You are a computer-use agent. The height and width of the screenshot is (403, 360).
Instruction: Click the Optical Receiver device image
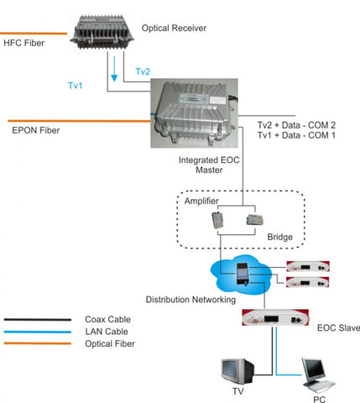pyautogui.click(x=102, y=33)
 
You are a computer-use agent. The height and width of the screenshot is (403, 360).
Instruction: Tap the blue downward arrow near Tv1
pyautogui.click(x=114, y=69)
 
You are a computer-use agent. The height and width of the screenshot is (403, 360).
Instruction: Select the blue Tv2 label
pyautogui.click(x=143, y=71)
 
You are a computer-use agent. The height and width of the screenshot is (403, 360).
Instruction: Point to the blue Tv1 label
pyautogui.click(x=76, y=86)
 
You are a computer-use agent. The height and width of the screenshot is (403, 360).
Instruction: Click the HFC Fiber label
pyautogui.click(x=24, y=43)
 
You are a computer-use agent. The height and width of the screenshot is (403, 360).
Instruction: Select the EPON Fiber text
pyautogui.click(x=36, y=130)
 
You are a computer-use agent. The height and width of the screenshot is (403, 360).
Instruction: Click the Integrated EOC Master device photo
pyautogui.click(x=195, y=113)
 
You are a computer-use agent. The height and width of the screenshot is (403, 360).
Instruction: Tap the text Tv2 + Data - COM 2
pyautogui.click(x=296, y=125)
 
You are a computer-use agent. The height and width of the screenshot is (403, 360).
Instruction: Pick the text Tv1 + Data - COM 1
pyautogui.click(x=296, y=135)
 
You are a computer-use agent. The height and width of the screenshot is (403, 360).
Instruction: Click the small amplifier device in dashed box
pyautogui.click(x=217, y=220)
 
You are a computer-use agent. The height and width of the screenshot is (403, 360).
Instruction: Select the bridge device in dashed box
pyautogui.click(x=254, y=220)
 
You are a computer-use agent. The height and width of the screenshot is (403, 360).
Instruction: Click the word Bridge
pyautogui.click(x=280, y=237)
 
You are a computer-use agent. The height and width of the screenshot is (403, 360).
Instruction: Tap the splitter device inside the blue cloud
pyautogui.click(x=243, y=275)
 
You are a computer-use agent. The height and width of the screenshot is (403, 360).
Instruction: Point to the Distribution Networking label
pyautogui.click(x=190, y=300)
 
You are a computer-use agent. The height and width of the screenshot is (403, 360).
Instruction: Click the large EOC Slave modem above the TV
pyautogui.click(x=275, y=317)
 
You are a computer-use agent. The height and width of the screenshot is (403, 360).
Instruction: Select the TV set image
pyautogui.click(x=237, y=372)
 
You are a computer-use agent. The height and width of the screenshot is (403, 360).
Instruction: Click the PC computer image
pyautogui.click(x=318, y=375)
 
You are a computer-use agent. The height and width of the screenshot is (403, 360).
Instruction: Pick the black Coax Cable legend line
pyautogui.click(x=38, y=320)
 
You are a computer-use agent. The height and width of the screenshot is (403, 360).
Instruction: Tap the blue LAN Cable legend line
pyautogui.click(x=38, y=332)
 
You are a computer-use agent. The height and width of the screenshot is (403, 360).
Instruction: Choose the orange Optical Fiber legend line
pyautogui.click(x=38, y=343)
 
